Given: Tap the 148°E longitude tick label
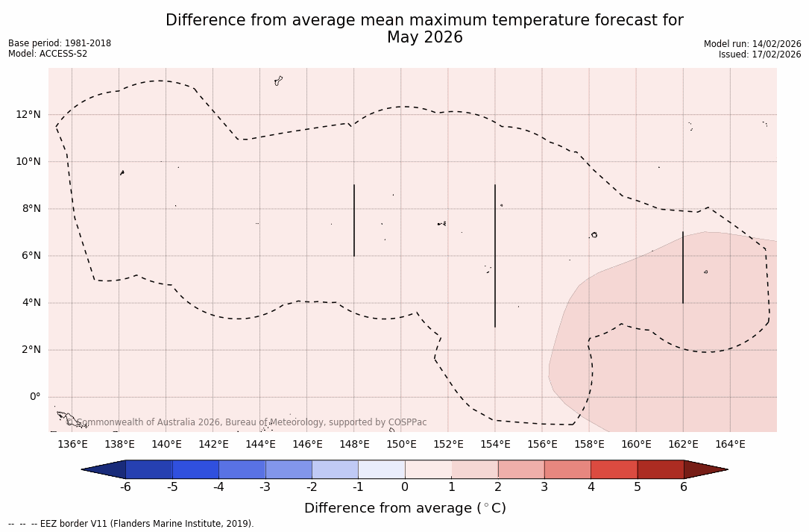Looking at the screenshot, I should click(x=354, y=445).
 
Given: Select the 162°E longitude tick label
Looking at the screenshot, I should click(x=683, y=445).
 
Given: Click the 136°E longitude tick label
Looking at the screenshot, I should click(x=72, y=445).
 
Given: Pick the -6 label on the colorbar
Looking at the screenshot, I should click(x=125, y=487).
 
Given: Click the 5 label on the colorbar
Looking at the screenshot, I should click(x=638, y=487).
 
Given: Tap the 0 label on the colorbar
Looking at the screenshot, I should click(x=405, y=487).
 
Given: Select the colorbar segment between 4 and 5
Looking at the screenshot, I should click(x=614, y=469).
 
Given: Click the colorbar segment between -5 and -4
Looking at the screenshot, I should click(x=196, y=469).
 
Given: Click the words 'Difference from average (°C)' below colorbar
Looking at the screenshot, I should click(x=405, y=508).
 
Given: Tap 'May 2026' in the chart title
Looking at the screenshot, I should click(x=424, y=37).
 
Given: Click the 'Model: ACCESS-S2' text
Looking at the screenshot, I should click(x=48, y=54).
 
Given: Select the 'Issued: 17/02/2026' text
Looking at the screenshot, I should click(x=760, y=54).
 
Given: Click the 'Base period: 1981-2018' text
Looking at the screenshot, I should click(x=60, y=43).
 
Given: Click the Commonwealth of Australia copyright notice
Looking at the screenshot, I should click(x=247, y=422).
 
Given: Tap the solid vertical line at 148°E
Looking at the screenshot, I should click(x=354, y=220).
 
